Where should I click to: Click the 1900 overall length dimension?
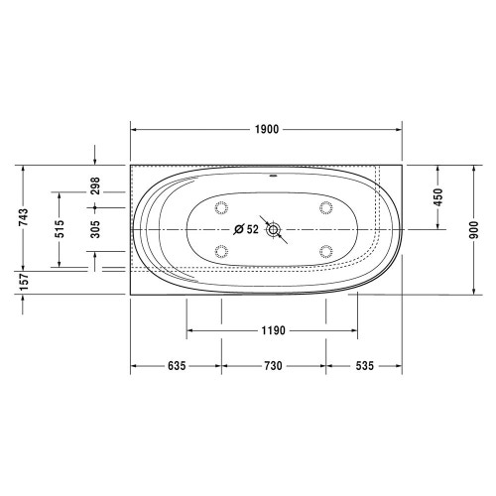pos(266,130)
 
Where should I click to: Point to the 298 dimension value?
pos(95,186)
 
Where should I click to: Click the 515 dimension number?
pos(59,229)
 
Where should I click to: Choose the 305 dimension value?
pos(95,229)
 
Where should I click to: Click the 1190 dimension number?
pos(274,330)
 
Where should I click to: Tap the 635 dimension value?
pos(176,366)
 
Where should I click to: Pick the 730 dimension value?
pos(274,366)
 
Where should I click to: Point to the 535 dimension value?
pos(364,366)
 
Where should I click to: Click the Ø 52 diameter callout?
pos(245,229)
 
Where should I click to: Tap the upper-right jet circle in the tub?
pos(325,208)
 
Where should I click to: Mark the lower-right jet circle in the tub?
pos(325,250)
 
